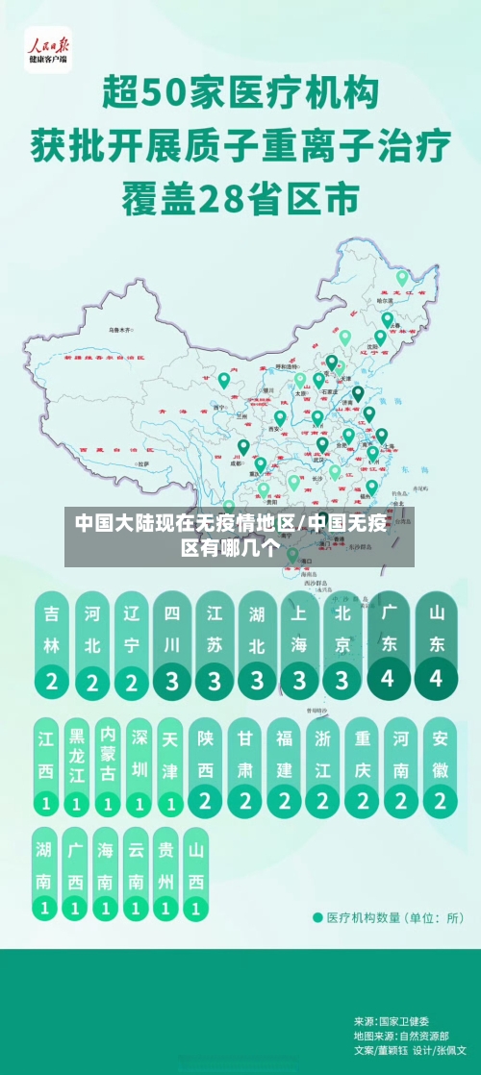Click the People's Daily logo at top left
click(47, 50)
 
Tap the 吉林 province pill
click(51, 644)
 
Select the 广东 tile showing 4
click(389, 644)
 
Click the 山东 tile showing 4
click(437, 644)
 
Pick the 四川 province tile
click(172, 644)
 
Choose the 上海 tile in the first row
click(299, 644)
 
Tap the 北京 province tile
click(342, 644)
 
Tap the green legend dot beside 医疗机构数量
click(318, 916)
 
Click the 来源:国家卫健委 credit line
click(392, 1021)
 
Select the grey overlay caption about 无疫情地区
click(240, 537)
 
